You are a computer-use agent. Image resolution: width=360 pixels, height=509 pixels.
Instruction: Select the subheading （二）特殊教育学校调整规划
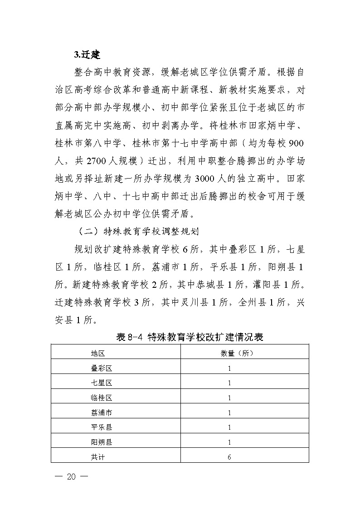click(139, 231)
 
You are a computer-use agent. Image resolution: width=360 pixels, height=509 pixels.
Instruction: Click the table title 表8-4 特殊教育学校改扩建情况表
click(190, 337)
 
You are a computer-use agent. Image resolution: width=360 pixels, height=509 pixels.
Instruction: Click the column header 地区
click(98, 353)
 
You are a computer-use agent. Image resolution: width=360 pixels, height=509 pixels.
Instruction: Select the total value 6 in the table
click(229, 457)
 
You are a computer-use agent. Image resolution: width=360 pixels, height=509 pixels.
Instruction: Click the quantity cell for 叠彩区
click(229, 368)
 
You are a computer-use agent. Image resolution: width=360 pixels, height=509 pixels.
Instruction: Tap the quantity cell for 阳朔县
click(229, 442)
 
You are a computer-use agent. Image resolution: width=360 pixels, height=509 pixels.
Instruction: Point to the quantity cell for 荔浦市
click(229, 412)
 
